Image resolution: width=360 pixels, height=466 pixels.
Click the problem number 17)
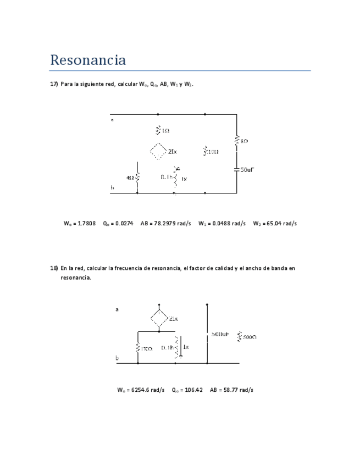coord(54,84)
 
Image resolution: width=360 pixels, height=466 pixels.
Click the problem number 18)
coord(54,268)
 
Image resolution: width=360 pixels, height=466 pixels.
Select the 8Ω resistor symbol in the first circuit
coord(236,141)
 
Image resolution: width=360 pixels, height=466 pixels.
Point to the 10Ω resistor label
coord(213,151)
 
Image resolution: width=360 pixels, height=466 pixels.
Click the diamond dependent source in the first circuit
coord(158,151)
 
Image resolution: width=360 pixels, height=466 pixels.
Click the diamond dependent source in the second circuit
coord(159,318)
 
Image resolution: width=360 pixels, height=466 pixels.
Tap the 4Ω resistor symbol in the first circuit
coord(137,177)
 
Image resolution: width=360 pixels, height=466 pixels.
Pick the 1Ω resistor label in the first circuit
coord(165,130)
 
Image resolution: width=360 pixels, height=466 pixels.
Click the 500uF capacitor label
coord(220,334)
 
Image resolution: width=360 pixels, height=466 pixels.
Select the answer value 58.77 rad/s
coord(238,390)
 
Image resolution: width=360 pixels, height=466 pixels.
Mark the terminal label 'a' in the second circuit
coord(117,309)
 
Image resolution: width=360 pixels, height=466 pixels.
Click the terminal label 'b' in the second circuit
coord(117,358)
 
